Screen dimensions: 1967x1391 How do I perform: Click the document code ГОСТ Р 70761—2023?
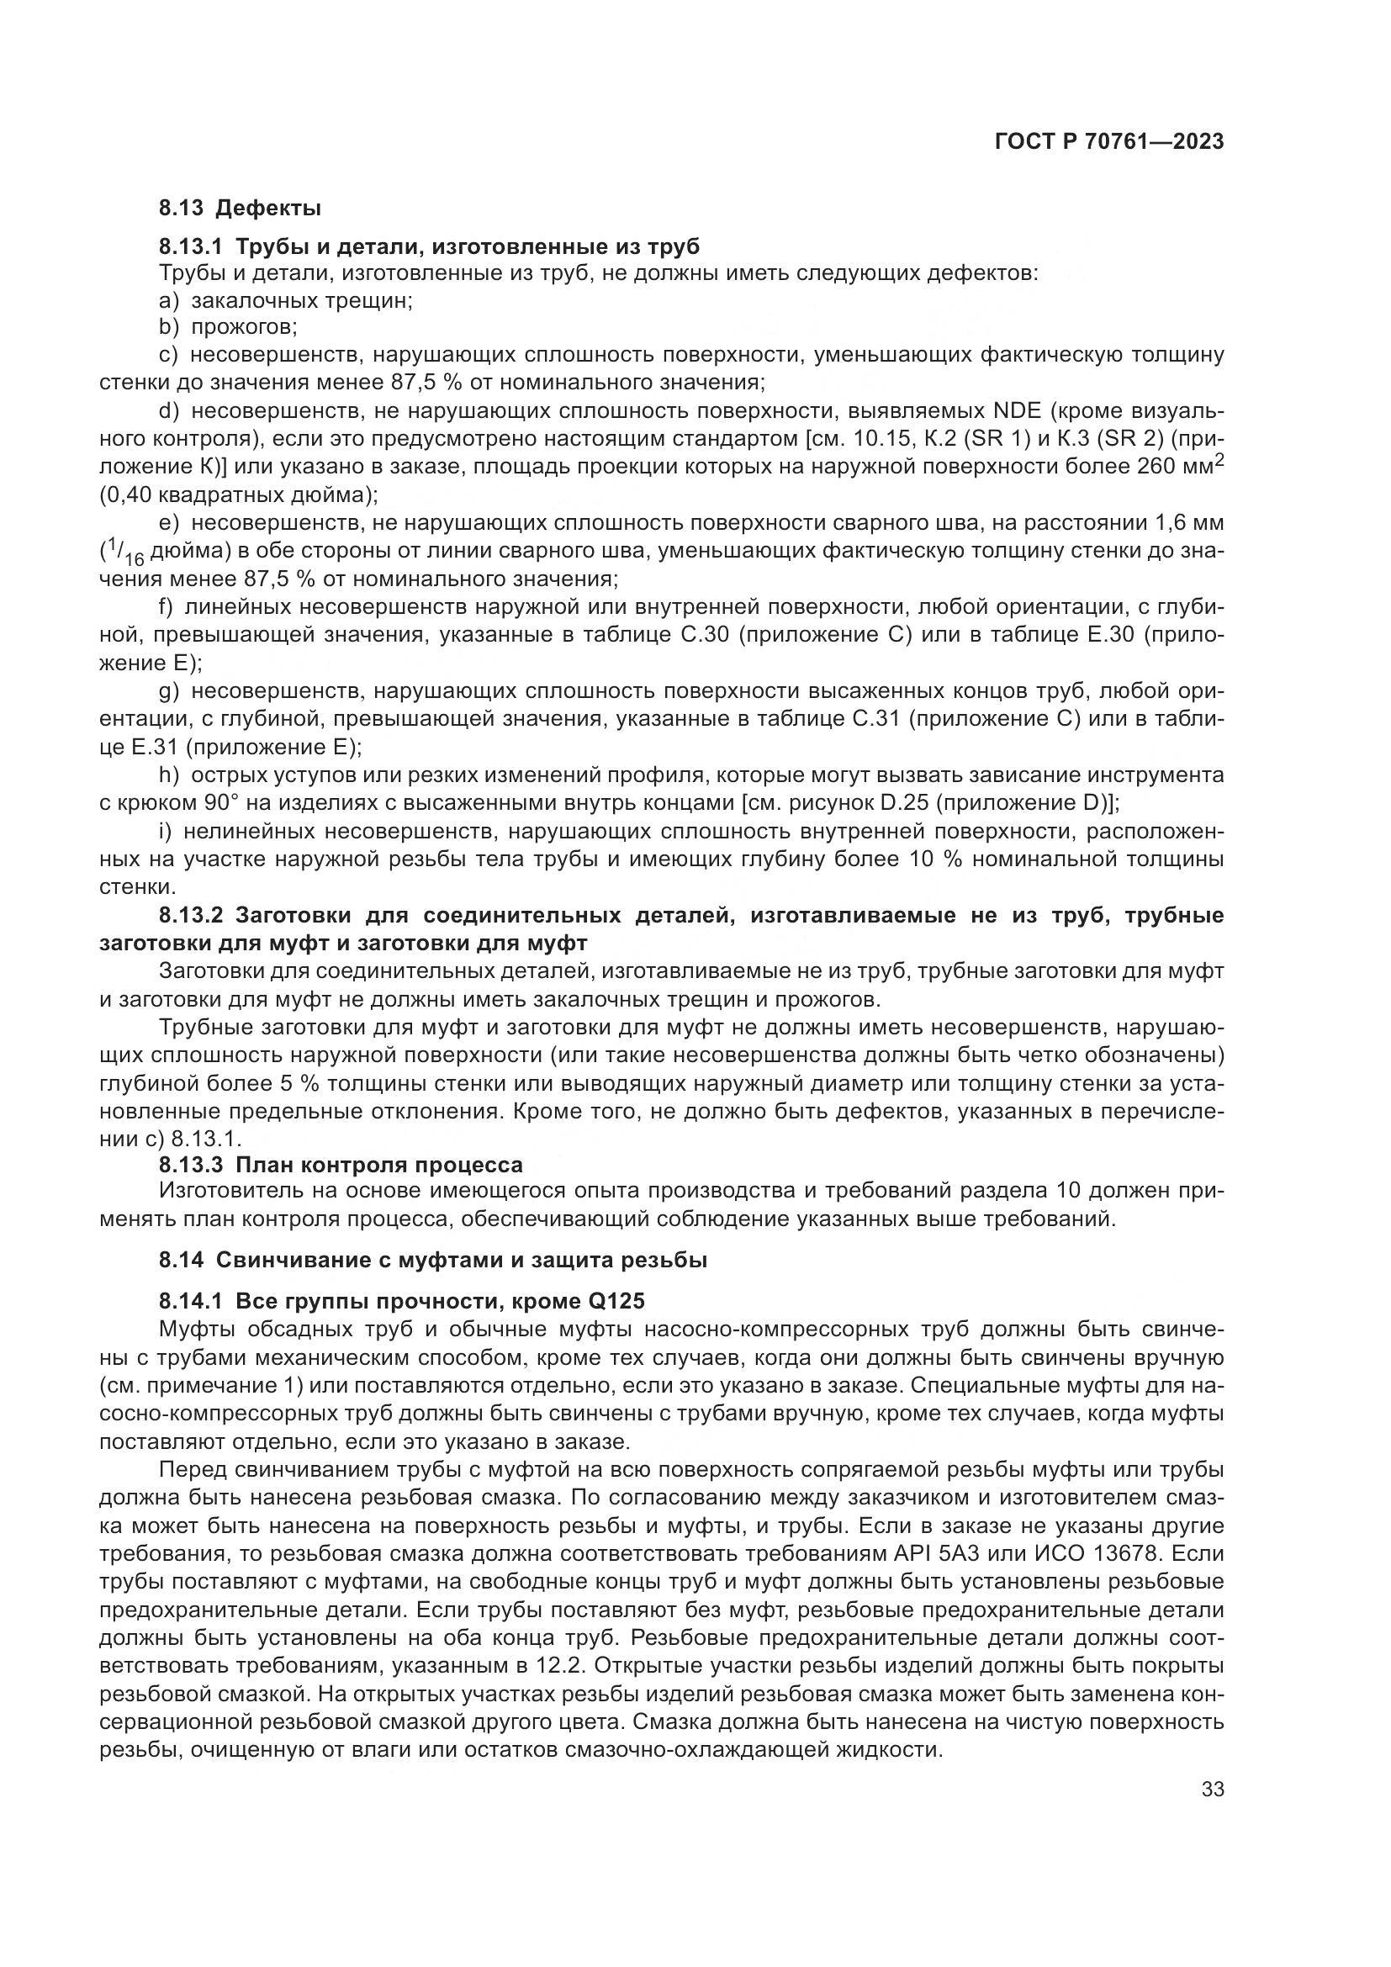point(1108,142)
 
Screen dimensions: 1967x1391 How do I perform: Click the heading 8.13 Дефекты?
point(240,208)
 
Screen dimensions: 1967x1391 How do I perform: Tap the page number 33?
point(1212,1789)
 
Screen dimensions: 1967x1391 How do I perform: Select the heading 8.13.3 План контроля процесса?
point(340,1165)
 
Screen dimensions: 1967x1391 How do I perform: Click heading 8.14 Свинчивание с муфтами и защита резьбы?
point(432,1261)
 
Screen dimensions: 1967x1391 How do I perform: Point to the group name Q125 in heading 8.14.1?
point(616,1301)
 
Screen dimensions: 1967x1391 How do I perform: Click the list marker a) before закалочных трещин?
point(169,302)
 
